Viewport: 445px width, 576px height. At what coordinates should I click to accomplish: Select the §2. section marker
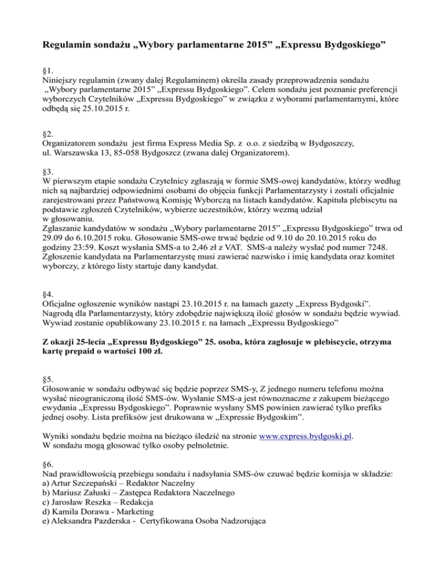(x=49, y=131)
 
